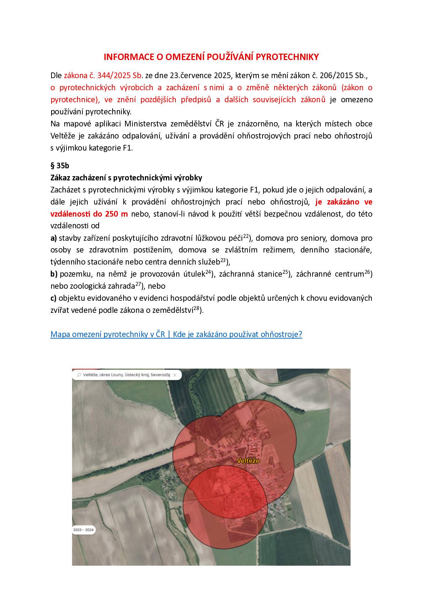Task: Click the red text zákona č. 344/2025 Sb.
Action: pos(103,75)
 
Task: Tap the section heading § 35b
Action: pos(60,165)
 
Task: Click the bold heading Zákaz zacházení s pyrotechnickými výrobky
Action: pos(126,178)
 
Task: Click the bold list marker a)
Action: pos(54,238)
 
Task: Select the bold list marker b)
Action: pos(54,274)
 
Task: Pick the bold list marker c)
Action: pos(54,298)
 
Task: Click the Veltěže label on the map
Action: pos(248,461)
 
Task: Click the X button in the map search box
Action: pos(175,375)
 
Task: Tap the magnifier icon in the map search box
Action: pos(78,375)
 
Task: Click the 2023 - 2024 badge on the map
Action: pos(83,530)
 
